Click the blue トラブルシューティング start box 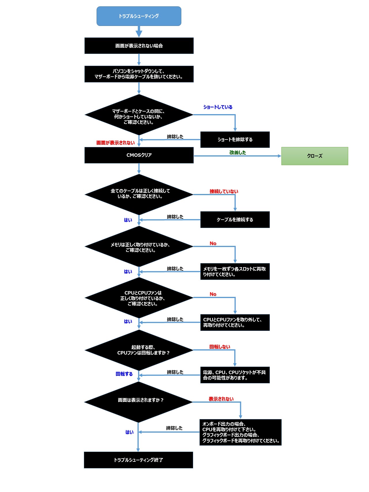(139, 16)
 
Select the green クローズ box (315, 156)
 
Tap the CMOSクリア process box (139, 155)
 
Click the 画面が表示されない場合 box (139, 46)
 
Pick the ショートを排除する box (235, 140)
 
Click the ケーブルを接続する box (235, 220)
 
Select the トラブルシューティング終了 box (138, 460)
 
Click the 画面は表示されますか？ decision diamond (138, 402)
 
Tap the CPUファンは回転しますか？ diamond (139, 350)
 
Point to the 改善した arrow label (238, 152)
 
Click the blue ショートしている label (218, 107)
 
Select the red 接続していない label (224, 191)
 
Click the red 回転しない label (220, 347)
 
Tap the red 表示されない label (221, 399)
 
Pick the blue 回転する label (124, 374)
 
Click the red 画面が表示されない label (115, 143)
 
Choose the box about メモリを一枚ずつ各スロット (235, 272)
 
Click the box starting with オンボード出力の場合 (240, 432)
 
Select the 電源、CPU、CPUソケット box (235, 375)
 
